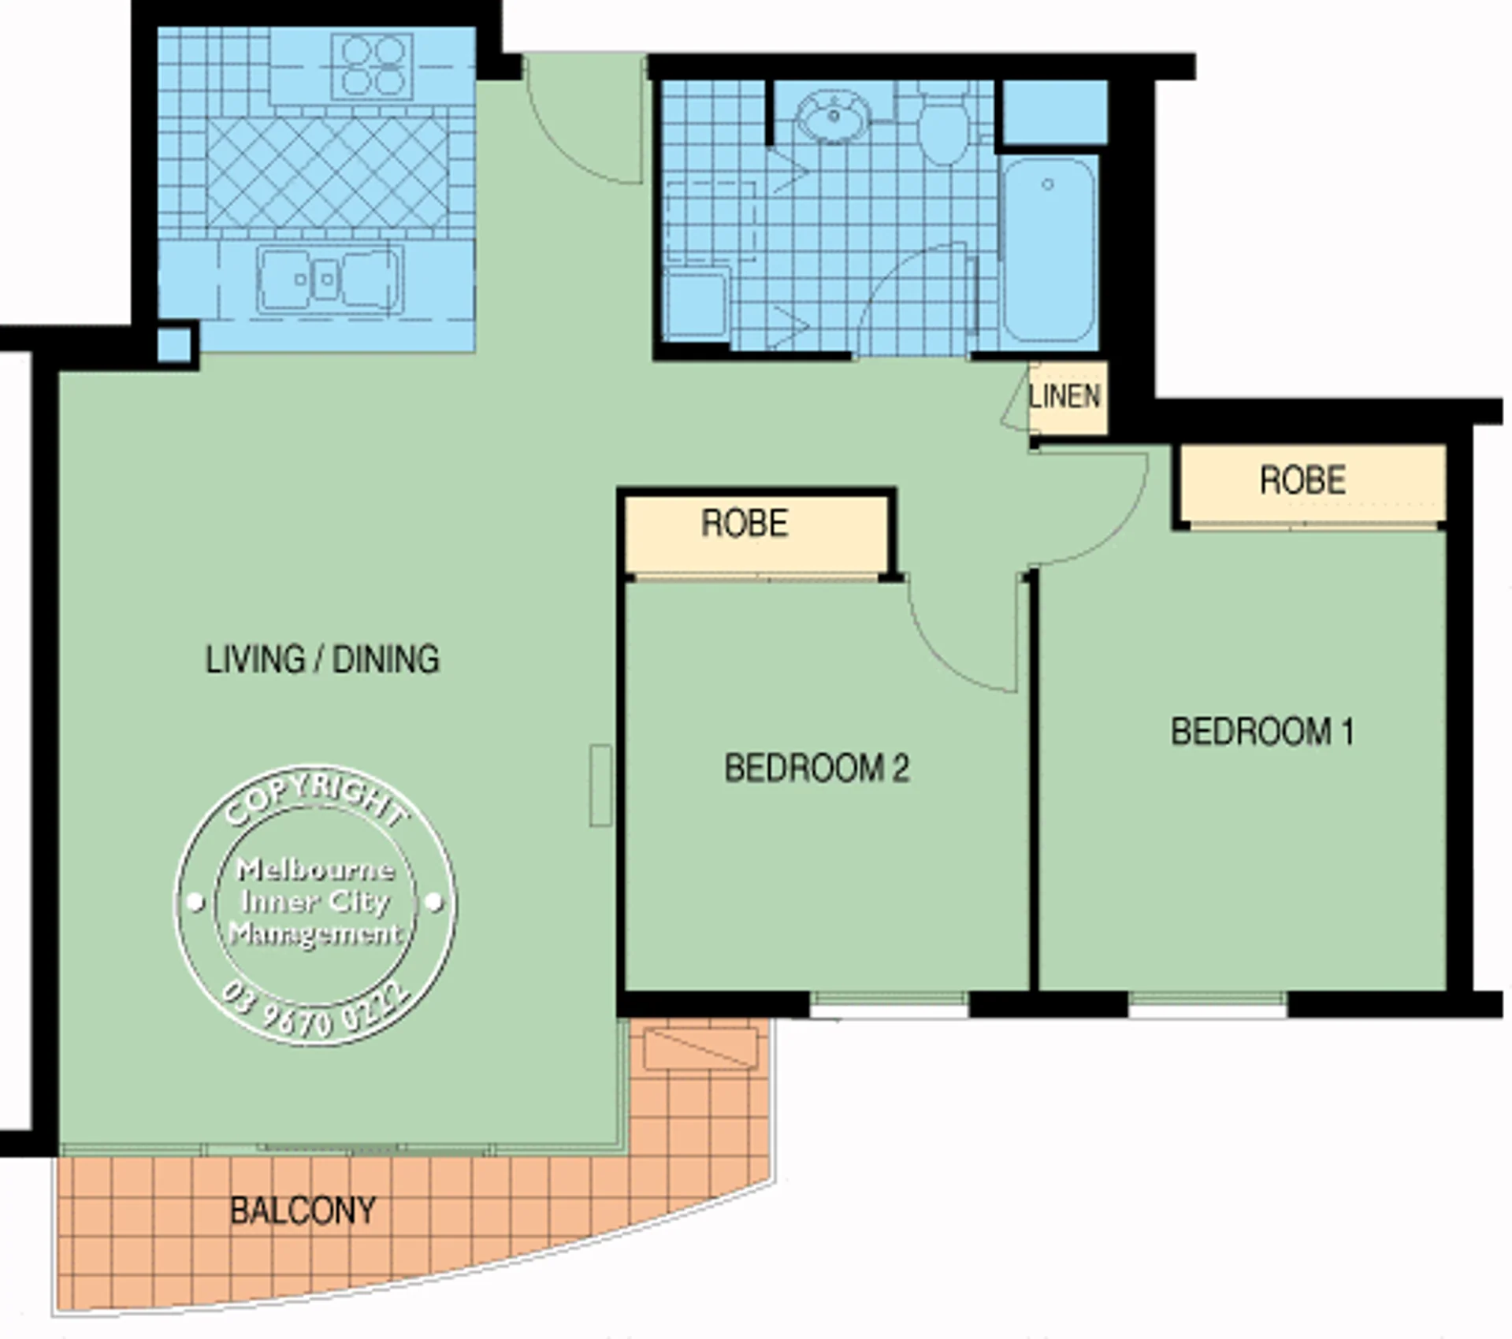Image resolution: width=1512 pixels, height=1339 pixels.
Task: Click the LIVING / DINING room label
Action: pyautogui.click(x=322, y=659)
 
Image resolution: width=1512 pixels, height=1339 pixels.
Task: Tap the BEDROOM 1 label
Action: pyautogui.click(x=1262, y=732)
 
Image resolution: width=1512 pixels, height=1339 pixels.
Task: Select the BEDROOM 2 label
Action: pyautogui.click(x=817, y=768)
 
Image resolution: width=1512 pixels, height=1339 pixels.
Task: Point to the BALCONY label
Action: pyautogui.click(x=303, y=1211)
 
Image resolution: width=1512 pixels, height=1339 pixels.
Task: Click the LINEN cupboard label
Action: pyautogui.click(x=1064, y=396)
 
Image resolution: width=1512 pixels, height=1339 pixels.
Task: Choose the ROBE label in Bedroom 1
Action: pyautogui.click(x=1302, y=480)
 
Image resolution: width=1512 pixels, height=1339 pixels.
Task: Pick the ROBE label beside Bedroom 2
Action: pyautogui.click(x=745, y=524)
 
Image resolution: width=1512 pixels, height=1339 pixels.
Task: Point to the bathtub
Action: pyautogui.click(x=1049, y=249)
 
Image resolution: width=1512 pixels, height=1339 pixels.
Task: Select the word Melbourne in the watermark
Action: pyautogui.click(x=315, y=870)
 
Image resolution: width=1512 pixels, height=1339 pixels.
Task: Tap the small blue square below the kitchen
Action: pyautogui.click(x=174, y=344)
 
